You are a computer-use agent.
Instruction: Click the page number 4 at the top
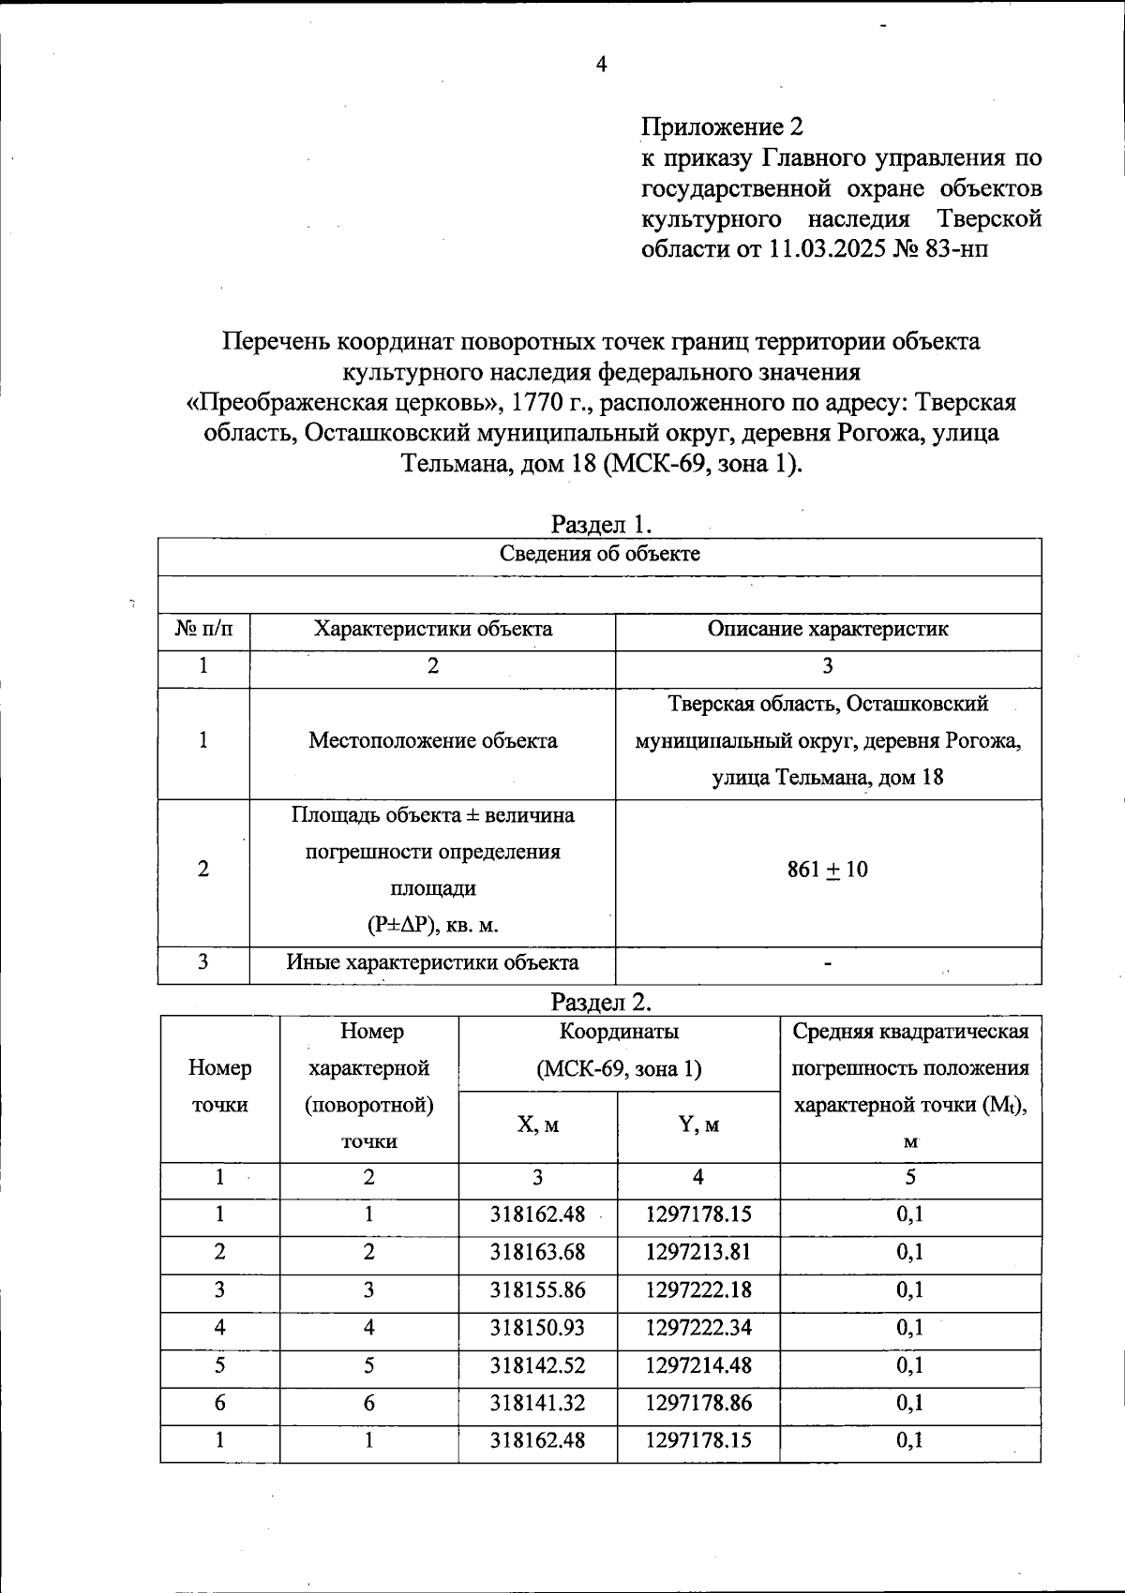601,65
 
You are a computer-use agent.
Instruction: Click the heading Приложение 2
722,127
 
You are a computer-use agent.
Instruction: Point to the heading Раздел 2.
601,1002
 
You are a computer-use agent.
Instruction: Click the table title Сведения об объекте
600,554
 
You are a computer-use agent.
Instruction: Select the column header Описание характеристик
828,630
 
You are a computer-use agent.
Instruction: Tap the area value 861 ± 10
827,870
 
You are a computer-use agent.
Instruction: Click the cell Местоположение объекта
432,741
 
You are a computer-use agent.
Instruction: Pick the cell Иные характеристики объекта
432,963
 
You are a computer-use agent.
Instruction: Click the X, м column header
537,1125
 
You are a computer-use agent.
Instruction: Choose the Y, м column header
698,1125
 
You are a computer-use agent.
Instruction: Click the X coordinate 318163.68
537,1253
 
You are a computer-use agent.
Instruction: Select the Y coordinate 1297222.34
698,1328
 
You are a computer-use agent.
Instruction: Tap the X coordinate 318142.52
537,1366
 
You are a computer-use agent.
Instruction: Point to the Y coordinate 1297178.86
698,1404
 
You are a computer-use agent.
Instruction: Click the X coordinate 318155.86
537,1290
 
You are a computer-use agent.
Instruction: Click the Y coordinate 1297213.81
698,1253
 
